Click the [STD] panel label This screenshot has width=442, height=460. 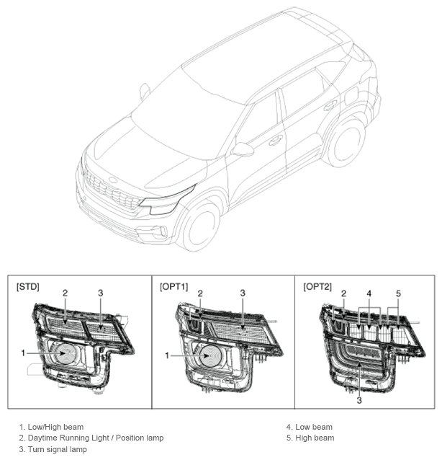click(x=28, y=286)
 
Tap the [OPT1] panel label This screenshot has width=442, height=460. click(x=173, y=286)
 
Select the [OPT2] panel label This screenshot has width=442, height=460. click(x=317, y=286)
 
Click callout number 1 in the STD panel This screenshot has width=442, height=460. click(x=23, y=353)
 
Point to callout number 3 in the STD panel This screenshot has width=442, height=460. click(x=101, y=293)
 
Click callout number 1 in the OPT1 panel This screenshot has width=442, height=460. click(x=167, y=355)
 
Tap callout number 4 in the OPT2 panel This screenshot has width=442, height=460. click(x=369, y=293)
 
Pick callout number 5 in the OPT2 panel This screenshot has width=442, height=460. click(x=398, y=293)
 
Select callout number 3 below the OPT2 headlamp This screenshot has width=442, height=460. click(x=359, y=400)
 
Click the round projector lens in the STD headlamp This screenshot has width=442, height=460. click(x=66, y=353)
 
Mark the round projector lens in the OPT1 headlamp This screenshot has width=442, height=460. click(x=210, y=356)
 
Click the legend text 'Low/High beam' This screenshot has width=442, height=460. click(x=55, y=427)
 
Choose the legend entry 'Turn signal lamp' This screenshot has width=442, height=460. click(x=53, y=449)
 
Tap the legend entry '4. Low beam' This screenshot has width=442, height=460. click(x=310, y=427)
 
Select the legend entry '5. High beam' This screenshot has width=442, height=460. click(x=310, y=438)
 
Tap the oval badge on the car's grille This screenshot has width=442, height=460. click(x=113, y=180)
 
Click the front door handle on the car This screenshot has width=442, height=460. click(x=276, y=140)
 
